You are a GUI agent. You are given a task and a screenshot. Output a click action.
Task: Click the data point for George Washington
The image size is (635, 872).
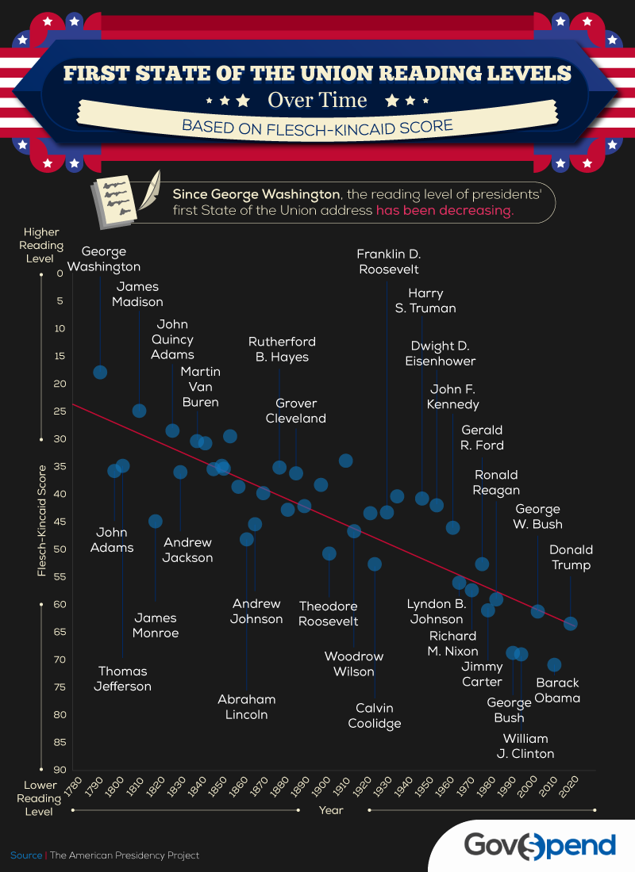tap(100, 373)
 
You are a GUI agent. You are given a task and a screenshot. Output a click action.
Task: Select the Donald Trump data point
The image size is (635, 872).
tap(570, 624)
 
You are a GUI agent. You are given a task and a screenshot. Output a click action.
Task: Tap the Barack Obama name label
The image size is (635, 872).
tap(557, 690)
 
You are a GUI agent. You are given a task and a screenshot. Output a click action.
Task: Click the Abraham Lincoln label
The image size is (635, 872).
tap(247, 707)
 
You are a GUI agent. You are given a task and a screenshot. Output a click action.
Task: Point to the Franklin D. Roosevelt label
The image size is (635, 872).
tap(388, 262)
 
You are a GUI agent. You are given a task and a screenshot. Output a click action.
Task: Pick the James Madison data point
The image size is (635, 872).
tap(139, 411)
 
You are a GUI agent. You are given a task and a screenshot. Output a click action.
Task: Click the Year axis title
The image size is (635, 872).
tap(331, 810)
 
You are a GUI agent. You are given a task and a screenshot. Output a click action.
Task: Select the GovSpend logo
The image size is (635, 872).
tap(540, 844)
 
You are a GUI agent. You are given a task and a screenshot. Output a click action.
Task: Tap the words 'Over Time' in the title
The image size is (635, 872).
tap(317, 101)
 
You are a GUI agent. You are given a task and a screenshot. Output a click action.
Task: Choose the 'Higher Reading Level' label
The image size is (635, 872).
tap(41, 245)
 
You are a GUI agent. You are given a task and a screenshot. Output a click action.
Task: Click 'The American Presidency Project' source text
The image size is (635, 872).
tap(125, 855)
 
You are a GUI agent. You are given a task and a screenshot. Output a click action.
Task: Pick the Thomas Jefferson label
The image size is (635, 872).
tap(123, 679)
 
